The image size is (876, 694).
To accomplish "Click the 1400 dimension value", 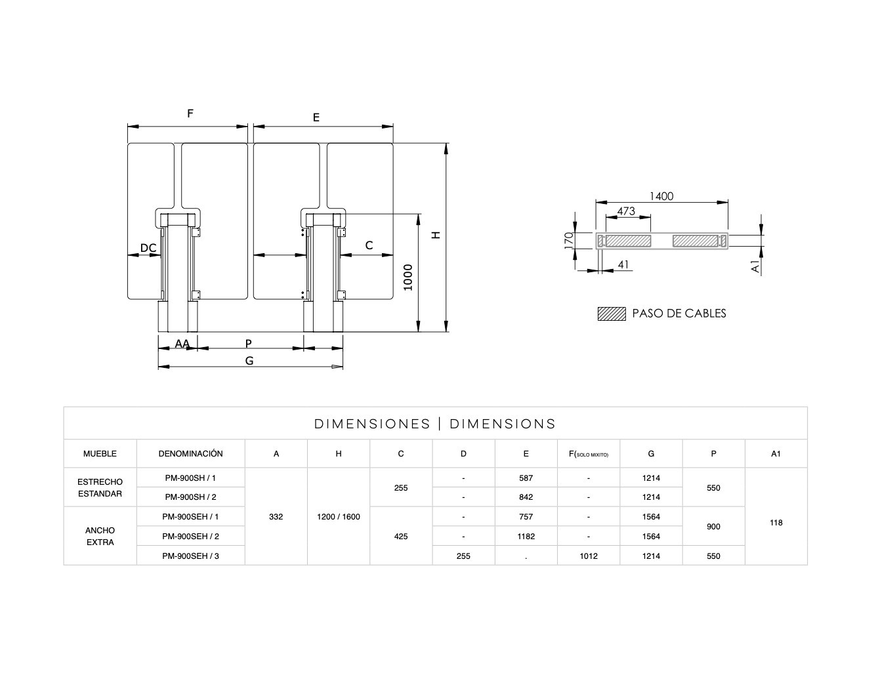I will pos(661,196).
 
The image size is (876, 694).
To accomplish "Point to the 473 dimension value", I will pos(626,211).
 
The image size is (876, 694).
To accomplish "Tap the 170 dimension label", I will pos(569,239).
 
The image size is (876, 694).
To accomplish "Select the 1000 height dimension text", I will pos(408,277).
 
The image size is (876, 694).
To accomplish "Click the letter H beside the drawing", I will pos(436,235).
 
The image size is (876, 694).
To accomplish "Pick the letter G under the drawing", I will pos(249,360).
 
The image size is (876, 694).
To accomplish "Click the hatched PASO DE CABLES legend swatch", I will pos(611,314).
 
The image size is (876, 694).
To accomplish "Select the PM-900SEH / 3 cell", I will pos(190,556).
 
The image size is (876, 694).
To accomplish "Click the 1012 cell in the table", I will pos(588,556).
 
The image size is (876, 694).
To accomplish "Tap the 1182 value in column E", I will pos(526,537).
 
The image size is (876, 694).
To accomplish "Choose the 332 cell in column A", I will pos(276,517).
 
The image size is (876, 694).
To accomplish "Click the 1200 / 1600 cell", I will pos(338,517).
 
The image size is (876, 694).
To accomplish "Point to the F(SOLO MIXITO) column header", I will pos(588,454).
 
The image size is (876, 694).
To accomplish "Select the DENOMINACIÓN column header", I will pos(190,454).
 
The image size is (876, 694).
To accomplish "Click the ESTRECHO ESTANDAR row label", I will pos(100,487).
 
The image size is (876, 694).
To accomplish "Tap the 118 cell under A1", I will pos(776,523).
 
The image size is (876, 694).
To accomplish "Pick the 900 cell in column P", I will pos(713,527).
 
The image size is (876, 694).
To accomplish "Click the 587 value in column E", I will pos(526,478).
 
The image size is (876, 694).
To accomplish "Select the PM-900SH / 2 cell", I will pos(190,497).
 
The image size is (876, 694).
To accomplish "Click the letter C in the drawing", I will pos(369,245).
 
